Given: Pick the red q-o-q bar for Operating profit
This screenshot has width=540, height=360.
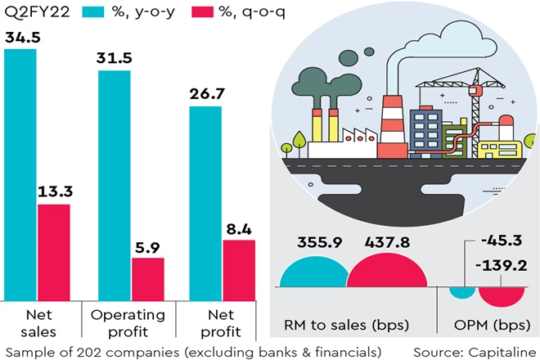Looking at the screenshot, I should pos(148,280).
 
